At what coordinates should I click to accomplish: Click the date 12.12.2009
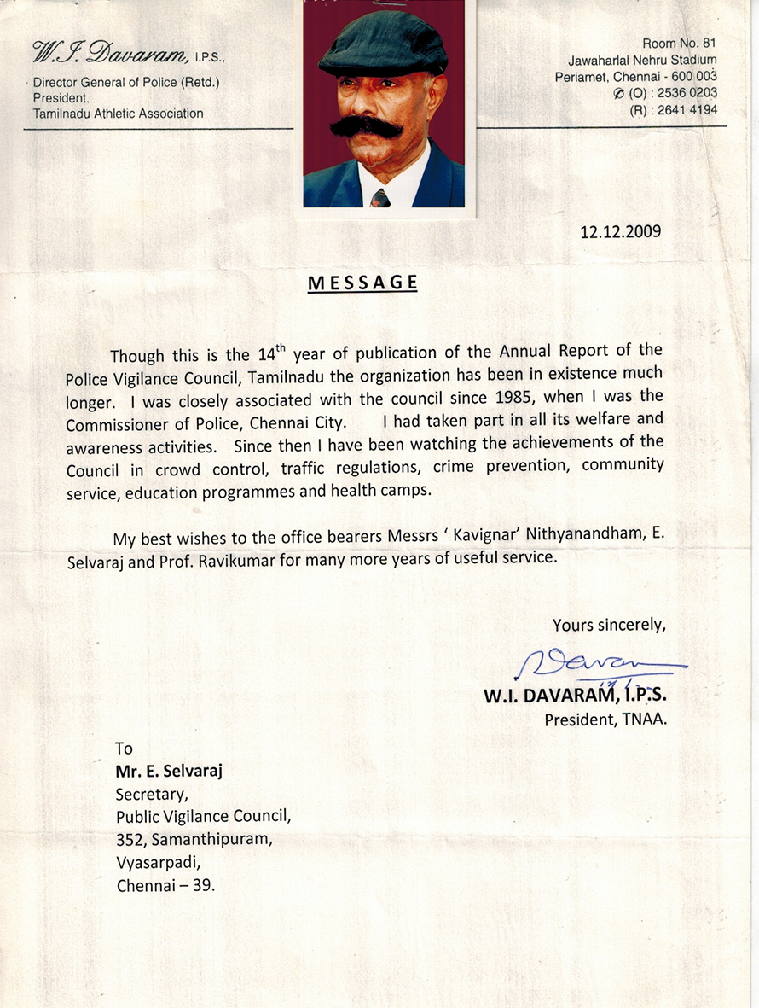click(620, 231)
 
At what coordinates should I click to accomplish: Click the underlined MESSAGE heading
click(362, 283)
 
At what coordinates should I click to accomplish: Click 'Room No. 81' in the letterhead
click(679, 43)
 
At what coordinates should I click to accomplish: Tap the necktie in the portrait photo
click(380, 198)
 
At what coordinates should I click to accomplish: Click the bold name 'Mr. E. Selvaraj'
click(170, 771)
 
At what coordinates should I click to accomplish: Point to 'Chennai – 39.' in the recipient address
click(165, 885)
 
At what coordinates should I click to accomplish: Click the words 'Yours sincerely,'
click(608, 625)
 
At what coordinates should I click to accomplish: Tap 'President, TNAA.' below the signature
click(605, 720)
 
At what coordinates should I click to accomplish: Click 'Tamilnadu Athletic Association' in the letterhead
click(118, 114)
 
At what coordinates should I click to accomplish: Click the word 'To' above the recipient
click(125, 748)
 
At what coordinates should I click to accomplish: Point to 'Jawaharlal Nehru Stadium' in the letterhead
click(642, 60)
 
